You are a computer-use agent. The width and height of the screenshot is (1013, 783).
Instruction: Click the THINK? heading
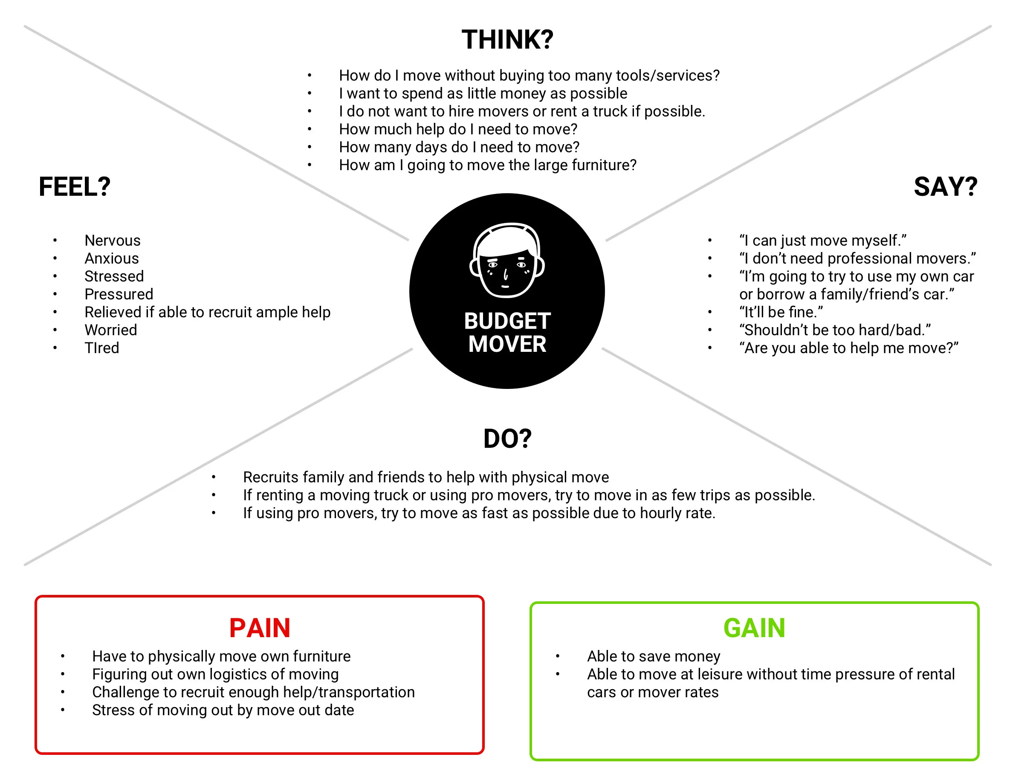tap(507, 40)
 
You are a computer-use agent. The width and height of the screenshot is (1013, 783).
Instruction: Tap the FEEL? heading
tap(75, 187)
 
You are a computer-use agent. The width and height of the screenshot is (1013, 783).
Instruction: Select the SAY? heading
tap(945, 187)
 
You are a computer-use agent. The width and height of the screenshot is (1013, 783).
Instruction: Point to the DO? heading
tap(507, 439)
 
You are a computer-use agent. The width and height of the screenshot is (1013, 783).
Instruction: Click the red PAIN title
tap(259, 628)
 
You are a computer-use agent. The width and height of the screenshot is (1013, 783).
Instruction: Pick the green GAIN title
tap(754, 628)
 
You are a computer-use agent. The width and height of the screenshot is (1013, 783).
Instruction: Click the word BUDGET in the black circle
tap(507, 321)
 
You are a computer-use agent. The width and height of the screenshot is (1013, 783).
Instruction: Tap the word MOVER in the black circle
tap(507, 344)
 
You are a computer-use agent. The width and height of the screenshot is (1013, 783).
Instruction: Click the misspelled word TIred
tap(101, 348)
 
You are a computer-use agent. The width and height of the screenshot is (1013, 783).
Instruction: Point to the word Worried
tap(110, 330)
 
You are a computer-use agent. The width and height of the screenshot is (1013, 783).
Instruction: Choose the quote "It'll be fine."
tap(781, 312)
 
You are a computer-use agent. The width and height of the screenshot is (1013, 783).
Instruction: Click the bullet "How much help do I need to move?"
tap(458, 129)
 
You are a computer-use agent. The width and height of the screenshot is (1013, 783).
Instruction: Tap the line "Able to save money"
tap(654, 656)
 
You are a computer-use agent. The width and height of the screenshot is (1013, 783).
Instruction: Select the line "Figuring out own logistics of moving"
tap(215, 674)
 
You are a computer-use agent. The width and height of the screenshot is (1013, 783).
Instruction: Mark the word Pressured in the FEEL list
tap(119, 294)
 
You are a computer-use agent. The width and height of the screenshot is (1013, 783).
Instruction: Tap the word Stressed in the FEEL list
tap(114, 276)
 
